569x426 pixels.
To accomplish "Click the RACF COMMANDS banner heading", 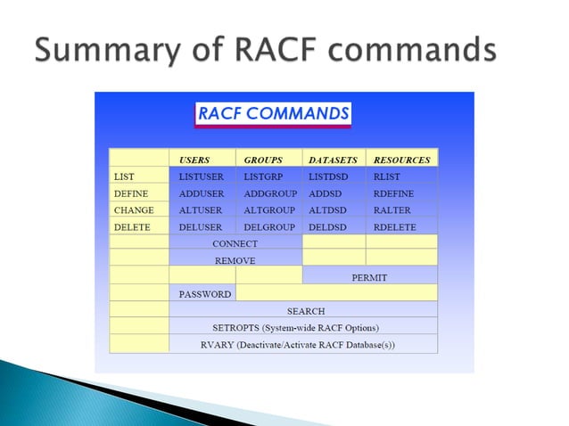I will point(273,114).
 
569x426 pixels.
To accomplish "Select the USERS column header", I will point(194,160).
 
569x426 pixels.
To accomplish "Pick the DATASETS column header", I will point(333,160).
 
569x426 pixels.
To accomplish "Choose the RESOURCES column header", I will point(401,160).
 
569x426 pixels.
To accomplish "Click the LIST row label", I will point(124,176).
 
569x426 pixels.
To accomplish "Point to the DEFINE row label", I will point(131,193).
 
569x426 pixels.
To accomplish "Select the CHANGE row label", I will point(134,210).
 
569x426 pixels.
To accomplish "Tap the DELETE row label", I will point(131,227).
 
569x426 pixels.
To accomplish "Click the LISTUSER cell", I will point(201,176).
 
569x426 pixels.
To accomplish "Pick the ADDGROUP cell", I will point(268,193).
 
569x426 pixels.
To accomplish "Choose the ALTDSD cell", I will point(328,210).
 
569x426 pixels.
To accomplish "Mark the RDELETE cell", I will point(395,227).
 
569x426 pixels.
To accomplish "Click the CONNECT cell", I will point(235,243).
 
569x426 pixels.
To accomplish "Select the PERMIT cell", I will point(369,277).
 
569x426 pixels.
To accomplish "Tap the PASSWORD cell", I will point(205,294).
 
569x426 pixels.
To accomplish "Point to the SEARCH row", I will point(305,311).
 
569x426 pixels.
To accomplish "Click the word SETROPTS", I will point(235,327).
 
